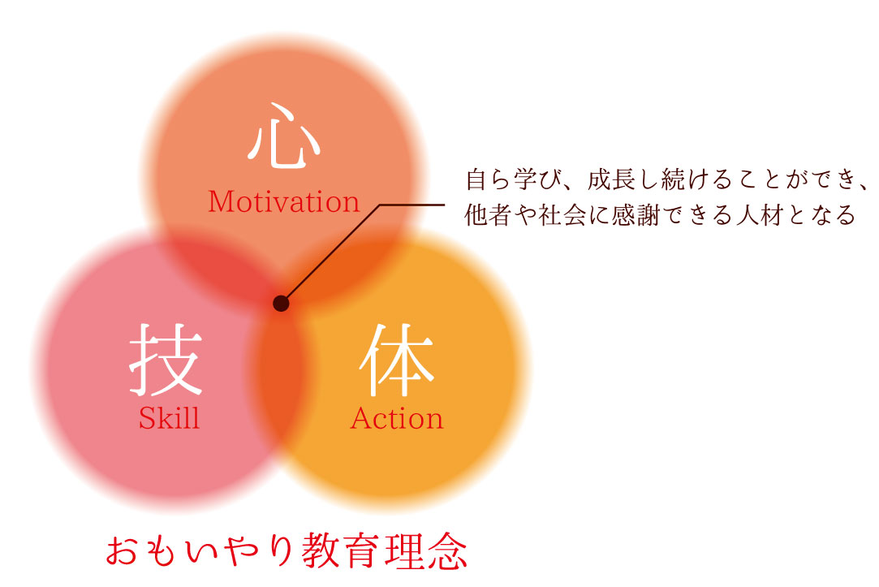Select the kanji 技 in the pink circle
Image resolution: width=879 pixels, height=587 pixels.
pos(166,360)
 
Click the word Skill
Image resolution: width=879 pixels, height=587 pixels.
pos(169,419)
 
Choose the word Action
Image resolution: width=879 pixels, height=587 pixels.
pos(397,419)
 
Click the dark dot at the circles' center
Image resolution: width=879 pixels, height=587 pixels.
pos(281,304)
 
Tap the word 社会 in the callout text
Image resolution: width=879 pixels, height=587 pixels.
pos(556,216)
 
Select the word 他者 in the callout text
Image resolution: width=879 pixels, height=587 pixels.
pos(485,216)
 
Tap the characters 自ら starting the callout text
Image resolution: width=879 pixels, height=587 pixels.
pos(485,179)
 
